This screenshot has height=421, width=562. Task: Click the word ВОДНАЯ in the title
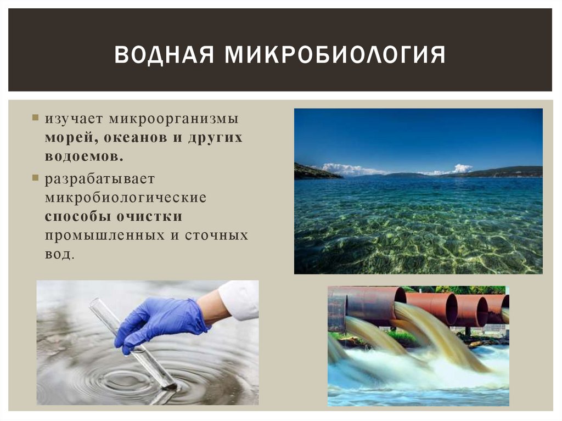click(162, 55)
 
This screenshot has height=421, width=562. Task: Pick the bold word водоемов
click(84, 156)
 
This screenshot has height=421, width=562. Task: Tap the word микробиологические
click(126, 198)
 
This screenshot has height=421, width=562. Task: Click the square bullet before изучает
click(35, 118)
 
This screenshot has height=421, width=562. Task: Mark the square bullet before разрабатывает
click(35, 178)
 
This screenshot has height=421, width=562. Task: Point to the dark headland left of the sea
click(313, 172)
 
